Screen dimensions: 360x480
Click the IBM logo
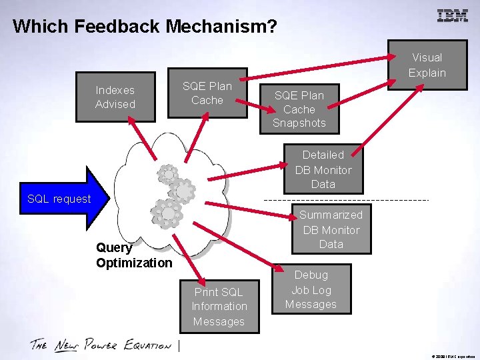pyautogui.click(x=452, y=16)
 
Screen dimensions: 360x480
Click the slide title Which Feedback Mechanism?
pyautogui.click(x=144, y=27)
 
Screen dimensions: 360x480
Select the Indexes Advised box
pyautogui.click(x=115, y=97)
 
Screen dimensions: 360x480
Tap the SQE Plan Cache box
pyautogui.click(x=207, y=93)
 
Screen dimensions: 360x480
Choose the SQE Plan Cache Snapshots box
pyautogui.click(x=299, y=109)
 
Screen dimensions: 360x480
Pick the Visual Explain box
pyautogui.click(x=427, y=65)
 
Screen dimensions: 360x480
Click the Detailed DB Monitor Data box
pyautogui.click(x=323, y=169)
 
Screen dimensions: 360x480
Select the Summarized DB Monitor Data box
pyautogui.click(x=331, y=229)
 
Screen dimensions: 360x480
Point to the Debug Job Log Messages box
pyautogui.click(x=311, y=289)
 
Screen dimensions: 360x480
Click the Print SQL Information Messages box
pyautogui.click(x=219, y=306)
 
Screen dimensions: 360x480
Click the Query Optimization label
pyautogui.click(x=134, y=255)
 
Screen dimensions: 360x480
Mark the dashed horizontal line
pyautogui.click(x=347, y=200)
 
